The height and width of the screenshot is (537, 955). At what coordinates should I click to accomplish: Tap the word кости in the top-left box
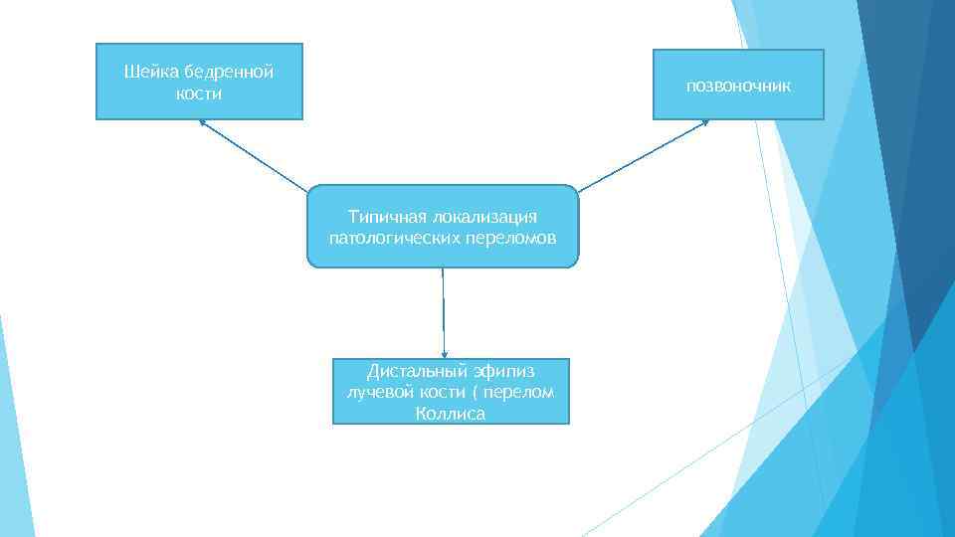click(x=199, y=93)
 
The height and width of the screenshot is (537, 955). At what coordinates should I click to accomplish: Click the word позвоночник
click(x=738, y=86)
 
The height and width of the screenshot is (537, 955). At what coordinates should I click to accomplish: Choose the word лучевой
click(x=376, y=392)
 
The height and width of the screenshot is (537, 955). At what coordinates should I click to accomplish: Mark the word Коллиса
click(x=451, y=413)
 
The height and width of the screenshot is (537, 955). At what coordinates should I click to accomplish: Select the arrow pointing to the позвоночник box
click(x=643, y=155)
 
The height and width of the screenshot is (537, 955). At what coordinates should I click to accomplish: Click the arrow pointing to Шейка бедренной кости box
click(x=253, y=155)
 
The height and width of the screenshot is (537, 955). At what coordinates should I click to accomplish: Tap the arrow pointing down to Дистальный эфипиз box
click(x=444, y=313)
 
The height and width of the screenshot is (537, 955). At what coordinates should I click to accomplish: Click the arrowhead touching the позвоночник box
click(x=705, y=122)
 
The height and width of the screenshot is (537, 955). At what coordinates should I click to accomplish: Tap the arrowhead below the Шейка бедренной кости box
click(x=202, y=122)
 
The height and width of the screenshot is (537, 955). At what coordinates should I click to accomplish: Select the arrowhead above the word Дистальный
click(x=445, y=354)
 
